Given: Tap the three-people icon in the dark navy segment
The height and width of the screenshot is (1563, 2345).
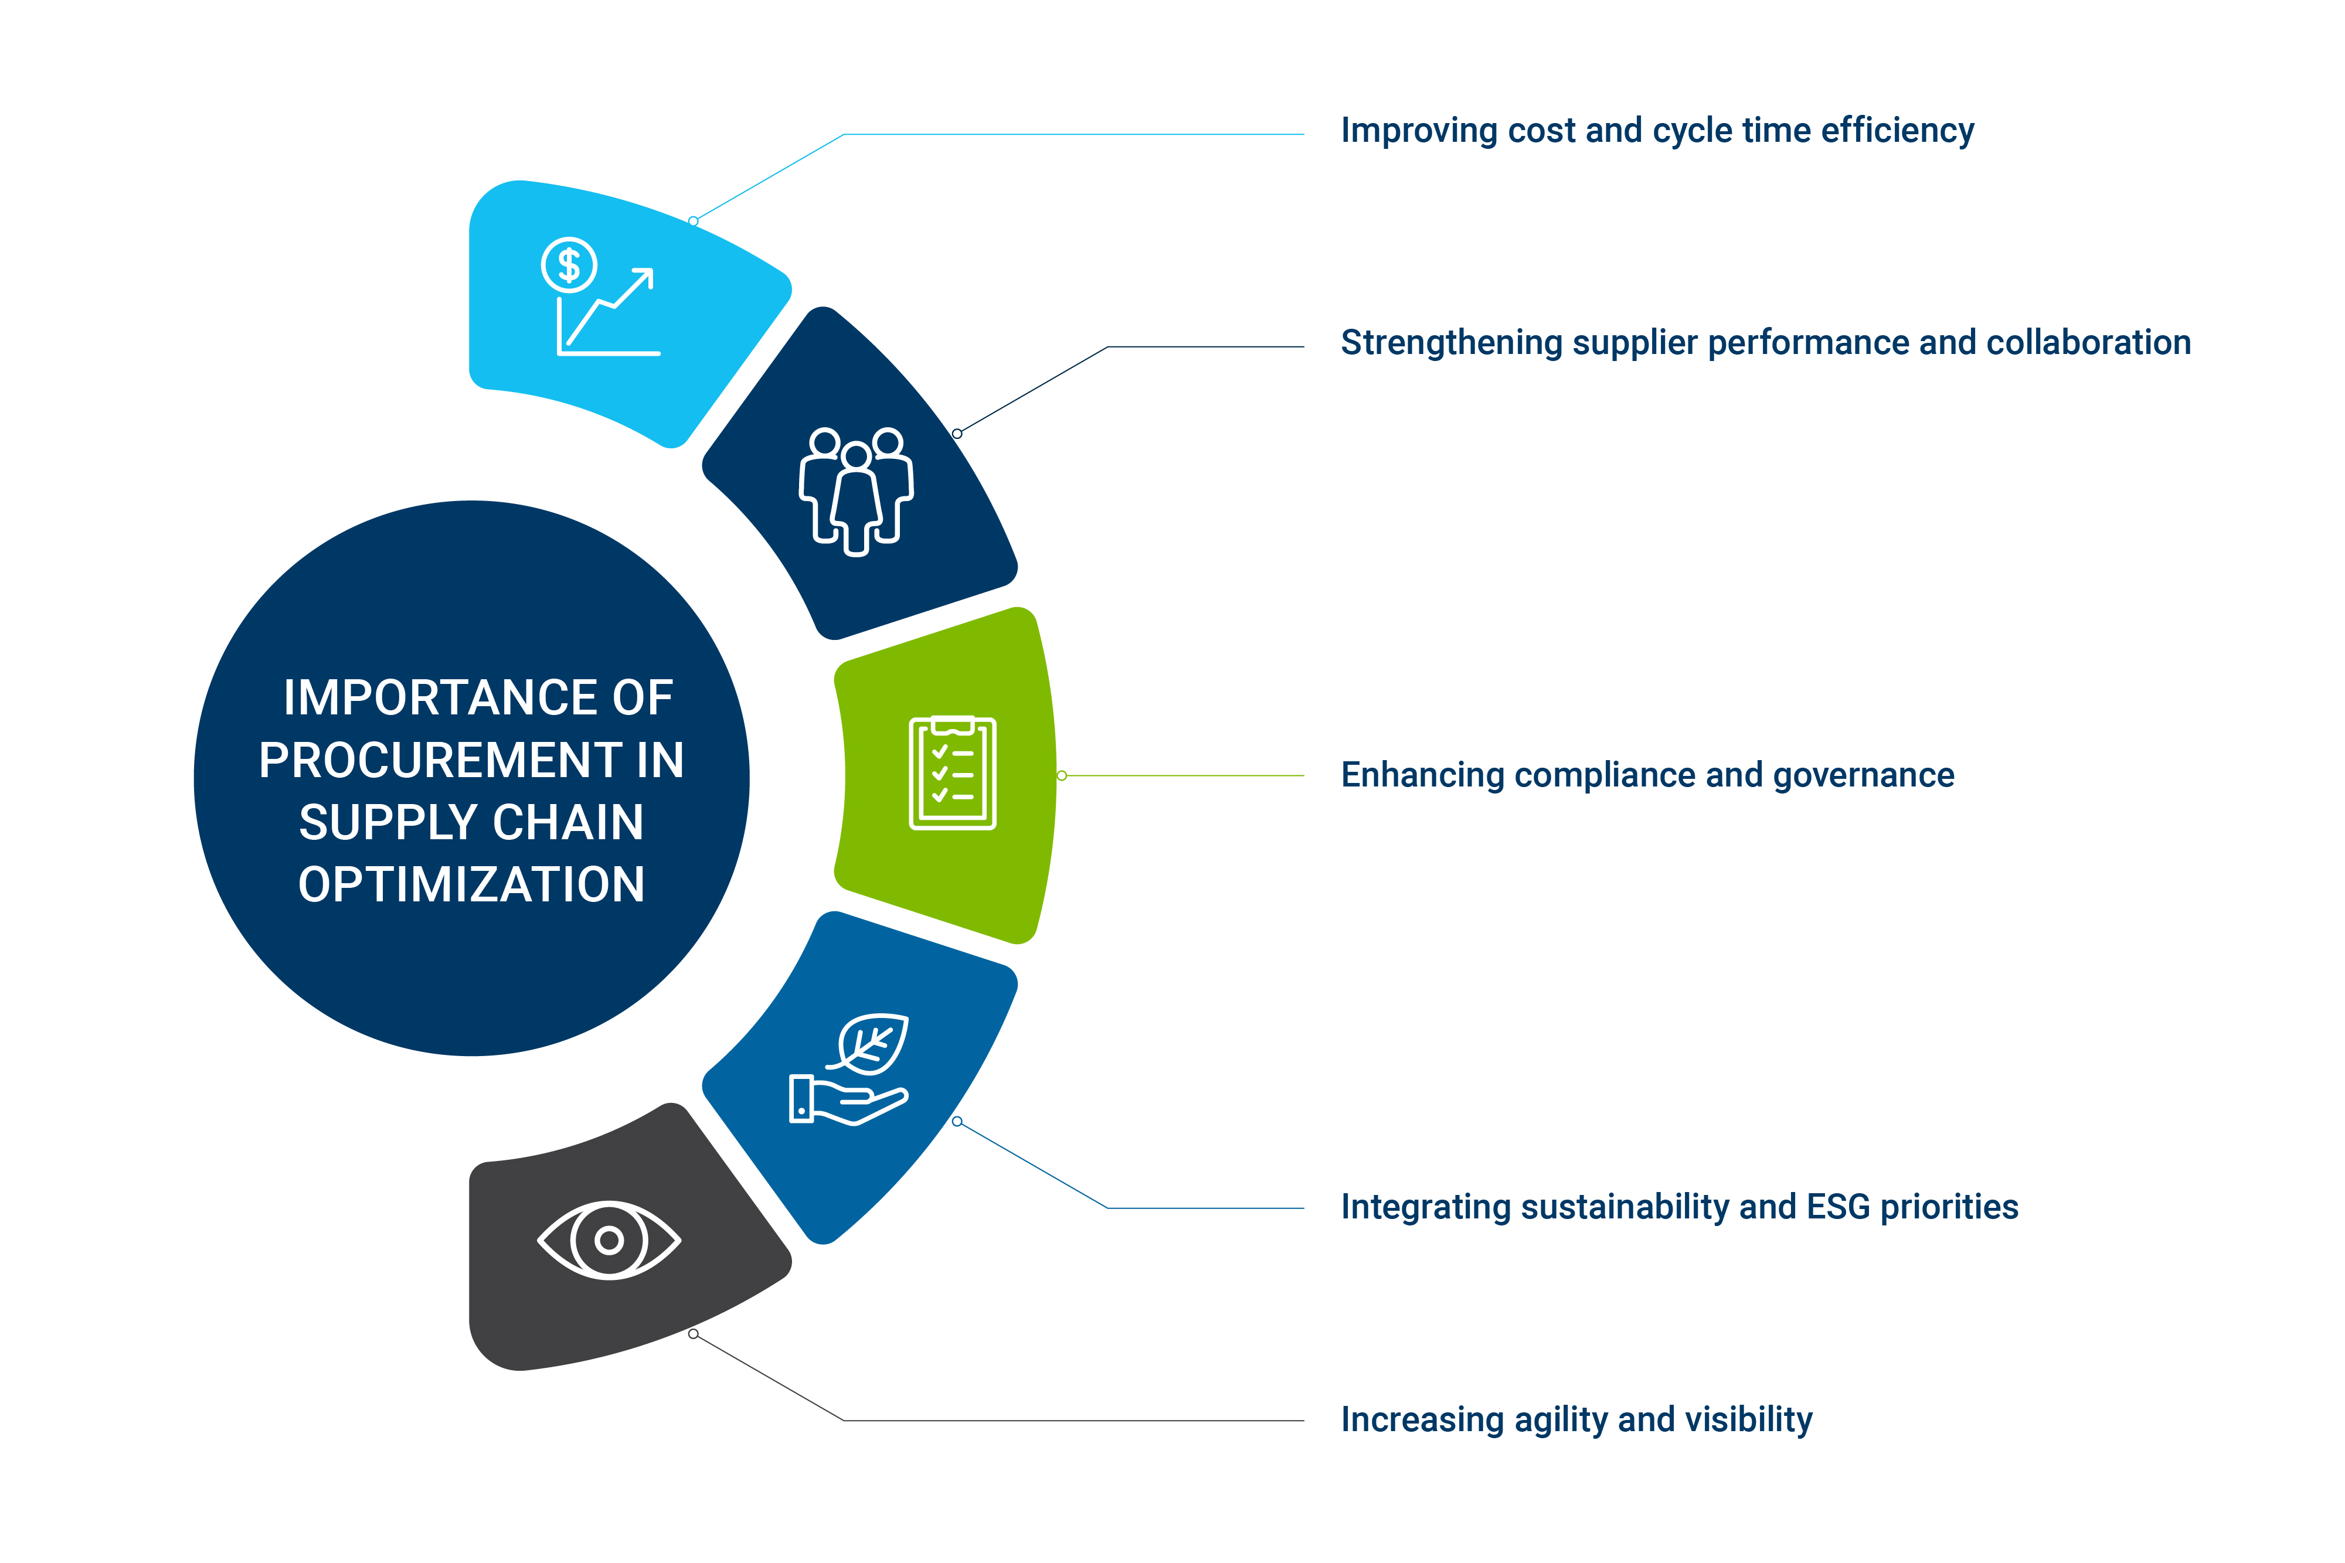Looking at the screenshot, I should tap(855, 491).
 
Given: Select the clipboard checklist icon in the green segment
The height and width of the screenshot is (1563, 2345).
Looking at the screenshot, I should tap(952, 772).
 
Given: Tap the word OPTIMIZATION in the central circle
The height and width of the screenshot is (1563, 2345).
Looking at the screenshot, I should tap(471, 885).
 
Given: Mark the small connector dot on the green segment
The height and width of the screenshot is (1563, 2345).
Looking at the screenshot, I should tap(1062, 775).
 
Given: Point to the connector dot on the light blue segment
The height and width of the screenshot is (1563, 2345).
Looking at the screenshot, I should tap(693, 222).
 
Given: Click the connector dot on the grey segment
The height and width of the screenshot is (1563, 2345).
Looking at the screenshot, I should tap(693, 1334).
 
